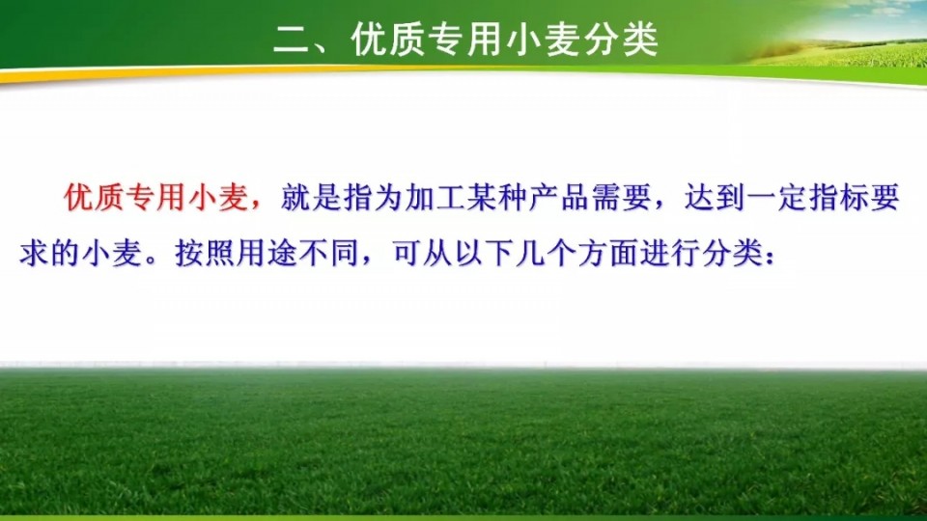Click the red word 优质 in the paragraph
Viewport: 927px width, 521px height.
[x=95, y=197]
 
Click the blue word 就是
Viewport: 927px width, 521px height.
[x=312, y=197]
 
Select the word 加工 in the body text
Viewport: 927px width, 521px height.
[x=435, y=197]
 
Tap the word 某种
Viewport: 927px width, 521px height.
[x=498, y=197]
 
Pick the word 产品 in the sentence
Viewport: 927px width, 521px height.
[x=560, y=197]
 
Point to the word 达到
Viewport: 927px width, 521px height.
[x=716, y=197]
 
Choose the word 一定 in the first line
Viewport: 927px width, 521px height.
[x=777, y=197]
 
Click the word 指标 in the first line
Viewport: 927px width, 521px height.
[x=839, y=197]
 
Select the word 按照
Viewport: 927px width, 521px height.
[x=205, y=253]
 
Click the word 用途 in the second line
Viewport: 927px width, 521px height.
[x=267, y=253]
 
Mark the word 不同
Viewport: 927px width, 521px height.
[x=328, y=253]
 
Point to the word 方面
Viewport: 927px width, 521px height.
[x=608, y=253]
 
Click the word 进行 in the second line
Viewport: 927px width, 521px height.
[x=670, y=253]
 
